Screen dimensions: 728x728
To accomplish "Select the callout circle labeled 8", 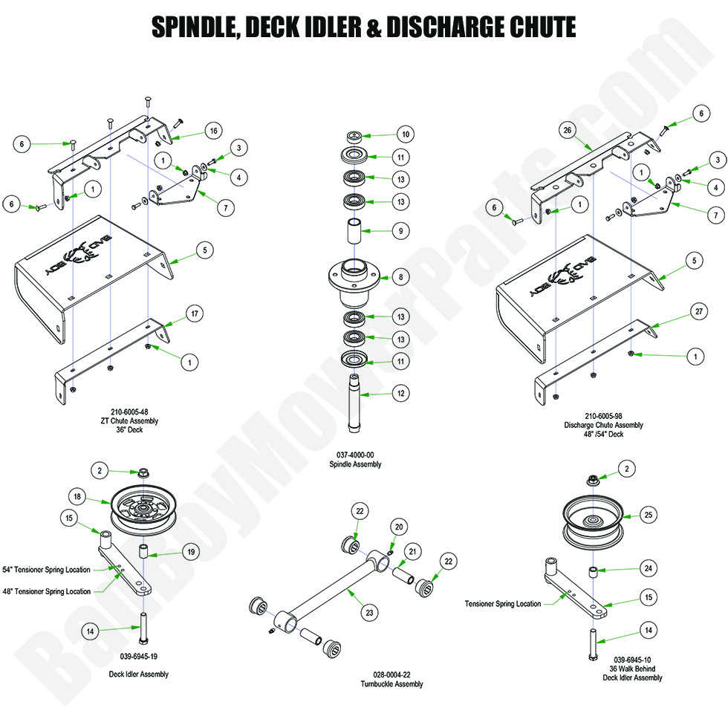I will [401, 278].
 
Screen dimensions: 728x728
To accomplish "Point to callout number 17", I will [194, 314].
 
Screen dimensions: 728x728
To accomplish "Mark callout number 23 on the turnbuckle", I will [370, 613].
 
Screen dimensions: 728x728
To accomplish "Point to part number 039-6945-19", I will [138, 656].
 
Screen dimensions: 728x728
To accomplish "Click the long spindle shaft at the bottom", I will [355, 405].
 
